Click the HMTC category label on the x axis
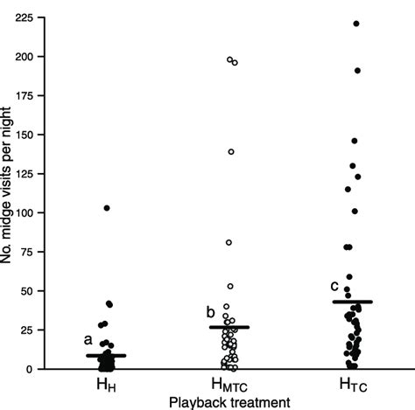230,386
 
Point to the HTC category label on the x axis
354,386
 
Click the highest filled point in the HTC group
356,24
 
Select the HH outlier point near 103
107,208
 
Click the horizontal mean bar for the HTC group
353,302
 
